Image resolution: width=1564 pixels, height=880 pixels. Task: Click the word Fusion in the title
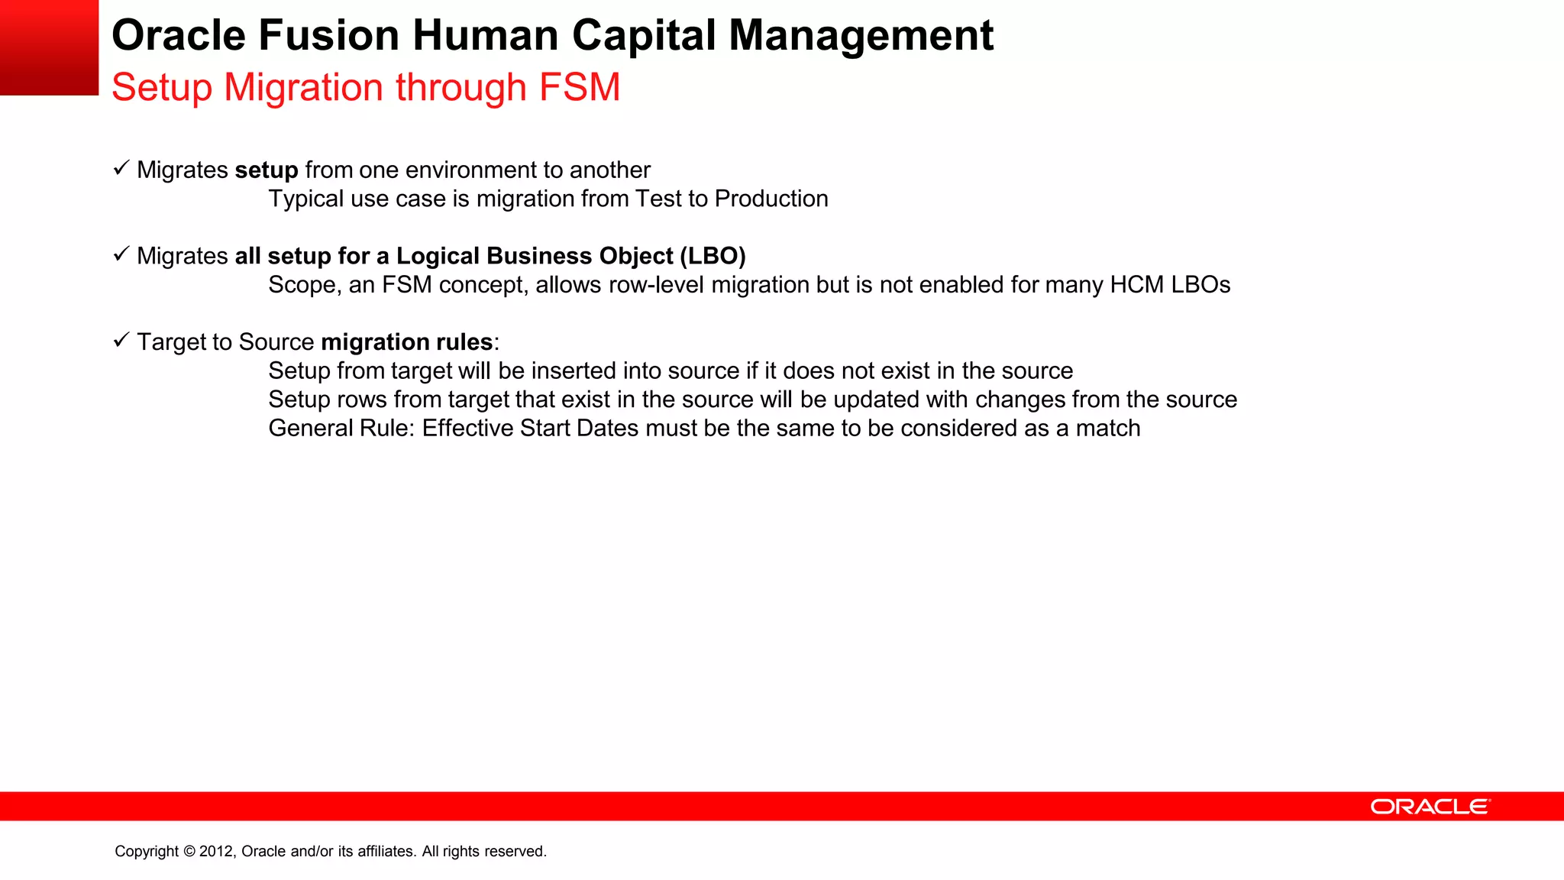(328, 35)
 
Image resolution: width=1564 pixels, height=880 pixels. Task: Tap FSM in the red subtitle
(580, 87)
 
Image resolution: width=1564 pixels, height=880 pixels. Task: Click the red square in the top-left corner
(49, 47)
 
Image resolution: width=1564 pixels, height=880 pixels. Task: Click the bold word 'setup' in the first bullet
(267, 170)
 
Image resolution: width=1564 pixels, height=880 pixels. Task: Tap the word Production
(771, 199)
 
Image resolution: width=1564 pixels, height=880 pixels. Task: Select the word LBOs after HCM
(1200, 285)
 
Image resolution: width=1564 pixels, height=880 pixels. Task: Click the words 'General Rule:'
(341, 428)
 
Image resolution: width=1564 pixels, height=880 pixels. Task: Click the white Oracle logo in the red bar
(1430, 807)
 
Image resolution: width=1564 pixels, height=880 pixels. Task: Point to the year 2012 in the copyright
(217, 851)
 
